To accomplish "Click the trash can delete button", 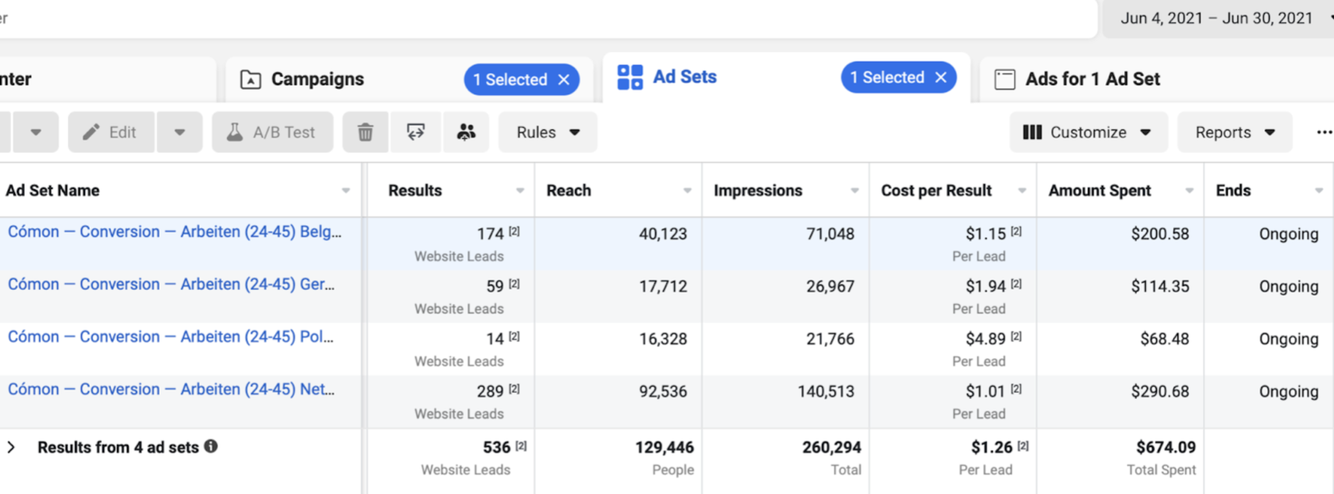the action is (x=365, y=132).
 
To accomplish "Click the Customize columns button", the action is (x=1088, y=132).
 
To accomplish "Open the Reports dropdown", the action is (x=1235, y=132).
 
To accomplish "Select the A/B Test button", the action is (x=272, y=132).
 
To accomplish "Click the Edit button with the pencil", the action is (x=111, y=132).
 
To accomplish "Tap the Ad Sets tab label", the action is (x=684, y=77).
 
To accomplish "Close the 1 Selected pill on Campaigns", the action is (x=564, y=79).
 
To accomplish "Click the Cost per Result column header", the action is (x=936, y=190).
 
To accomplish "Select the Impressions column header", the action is (x=758, y=190).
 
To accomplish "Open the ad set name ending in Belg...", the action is (x=175, y=232).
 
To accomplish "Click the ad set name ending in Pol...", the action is (x=170, y=337).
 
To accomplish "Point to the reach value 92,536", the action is (x=663, y=392).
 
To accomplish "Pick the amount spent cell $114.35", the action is (x=1160, y=287).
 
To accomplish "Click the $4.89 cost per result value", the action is (x=985, y=339).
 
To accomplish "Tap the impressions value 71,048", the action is (x=831, y=234).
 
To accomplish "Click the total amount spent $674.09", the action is (x=1166, y=447).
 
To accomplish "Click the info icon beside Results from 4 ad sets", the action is (x=211, y=446).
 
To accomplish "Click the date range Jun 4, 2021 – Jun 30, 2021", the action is (x=1216, y=18).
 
